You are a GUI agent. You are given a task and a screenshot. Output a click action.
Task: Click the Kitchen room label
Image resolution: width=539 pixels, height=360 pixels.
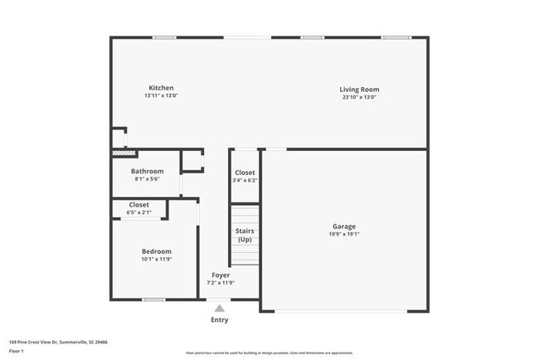point(161,88)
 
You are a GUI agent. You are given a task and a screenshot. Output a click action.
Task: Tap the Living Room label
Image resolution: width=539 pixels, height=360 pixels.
point(359,89)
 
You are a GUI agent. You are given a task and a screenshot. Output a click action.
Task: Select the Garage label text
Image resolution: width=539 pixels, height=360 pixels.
point(344,226)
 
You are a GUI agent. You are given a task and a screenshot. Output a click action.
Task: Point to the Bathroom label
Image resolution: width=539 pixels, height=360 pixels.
point(147,171)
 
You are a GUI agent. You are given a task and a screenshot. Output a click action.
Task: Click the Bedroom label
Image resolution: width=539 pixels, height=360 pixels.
point(156,251)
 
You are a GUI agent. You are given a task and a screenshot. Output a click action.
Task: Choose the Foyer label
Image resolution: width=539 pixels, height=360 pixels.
point(221,275)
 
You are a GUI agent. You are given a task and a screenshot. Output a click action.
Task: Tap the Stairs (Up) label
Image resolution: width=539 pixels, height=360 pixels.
point(245,235)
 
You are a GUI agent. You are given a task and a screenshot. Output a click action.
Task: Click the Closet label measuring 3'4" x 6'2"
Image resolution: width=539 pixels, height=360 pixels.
point(245,173)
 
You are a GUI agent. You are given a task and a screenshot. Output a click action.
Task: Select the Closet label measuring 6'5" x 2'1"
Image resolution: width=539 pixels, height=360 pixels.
point(138,204)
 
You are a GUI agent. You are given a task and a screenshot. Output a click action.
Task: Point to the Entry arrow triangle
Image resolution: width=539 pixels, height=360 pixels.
point(220,308)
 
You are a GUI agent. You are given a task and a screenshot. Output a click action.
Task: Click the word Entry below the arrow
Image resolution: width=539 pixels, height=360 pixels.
point(220,319)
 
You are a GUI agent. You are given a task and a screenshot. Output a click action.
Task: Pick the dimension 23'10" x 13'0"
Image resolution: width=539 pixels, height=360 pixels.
point(359,96)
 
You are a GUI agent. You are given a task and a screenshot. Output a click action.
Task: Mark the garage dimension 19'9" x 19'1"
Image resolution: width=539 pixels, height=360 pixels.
point(345,234)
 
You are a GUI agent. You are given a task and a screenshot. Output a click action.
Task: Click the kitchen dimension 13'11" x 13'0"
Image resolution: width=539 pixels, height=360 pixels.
point(161,96)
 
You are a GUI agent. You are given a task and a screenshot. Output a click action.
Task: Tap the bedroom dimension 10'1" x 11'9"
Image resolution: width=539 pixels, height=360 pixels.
point(156,260)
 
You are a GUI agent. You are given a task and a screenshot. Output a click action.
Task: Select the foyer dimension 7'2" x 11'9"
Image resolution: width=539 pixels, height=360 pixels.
point(221,283)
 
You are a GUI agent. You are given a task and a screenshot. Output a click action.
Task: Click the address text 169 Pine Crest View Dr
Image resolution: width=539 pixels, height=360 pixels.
point(58,341)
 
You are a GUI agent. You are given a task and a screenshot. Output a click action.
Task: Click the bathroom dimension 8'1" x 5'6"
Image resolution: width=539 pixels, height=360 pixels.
point(147,179)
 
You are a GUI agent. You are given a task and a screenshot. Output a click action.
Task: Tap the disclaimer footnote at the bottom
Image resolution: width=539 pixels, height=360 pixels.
point(269,352)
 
